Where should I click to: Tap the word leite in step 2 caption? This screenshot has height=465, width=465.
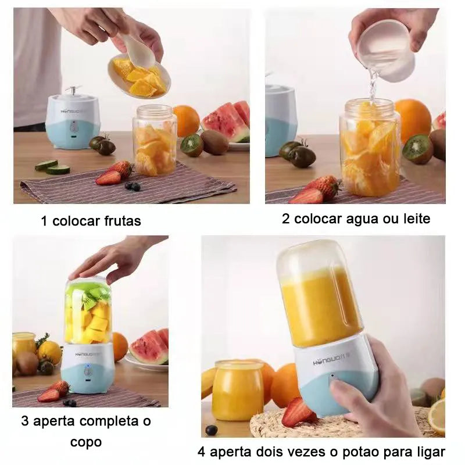coord(414,219)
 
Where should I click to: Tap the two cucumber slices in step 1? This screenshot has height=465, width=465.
coord(52,167)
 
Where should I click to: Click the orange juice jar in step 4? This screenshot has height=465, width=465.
coord(238,390)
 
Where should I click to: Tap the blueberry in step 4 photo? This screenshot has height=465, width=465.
coord(212,430)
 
